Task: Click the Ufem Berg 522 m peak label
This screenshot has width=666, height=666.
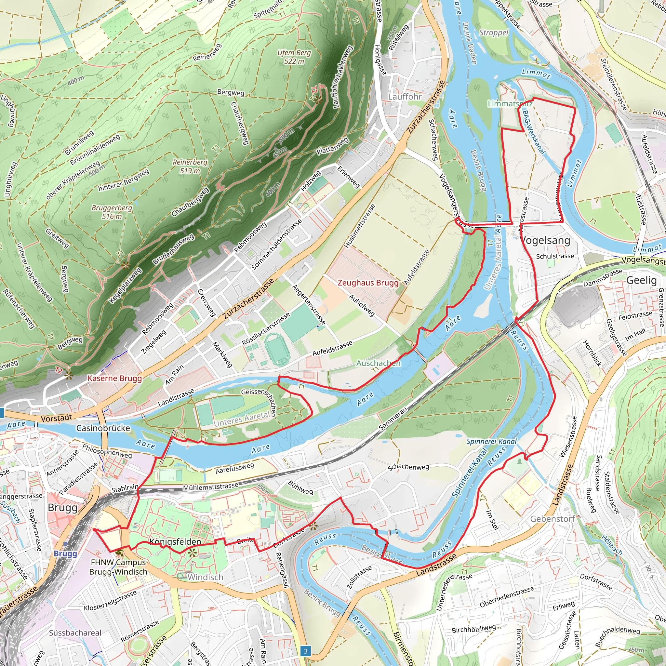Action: [x=294, y=57]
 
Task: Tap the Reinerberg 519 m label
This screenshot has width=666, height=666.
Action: [x=190, y=166]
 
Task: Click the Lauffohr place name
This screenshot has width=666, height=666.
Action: [x=405, y=97]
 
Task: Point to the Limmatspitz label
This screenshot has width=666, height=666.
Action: [x=510, y=103]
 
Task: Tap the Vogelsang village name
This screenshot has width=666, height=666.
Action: [x=546, y=240]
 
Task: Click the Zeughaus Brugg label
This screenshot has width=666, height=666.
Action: [x=368, y=283]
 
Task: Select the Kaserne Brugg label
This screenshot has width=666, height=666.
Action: [x=114, y=378]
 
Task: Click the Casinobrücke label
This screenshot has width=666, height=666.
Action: [x=103, y=428]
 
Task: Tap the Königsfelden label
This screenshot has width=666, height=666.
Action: [x=175, y=541]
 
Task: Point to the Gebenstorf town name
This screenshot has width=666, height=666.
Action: [x=553, y=519]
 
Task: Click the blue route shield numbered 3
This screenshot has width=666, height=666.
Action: [x=305, y=651]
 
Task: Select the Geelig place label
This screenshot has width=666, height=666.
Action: [x=641, y=280]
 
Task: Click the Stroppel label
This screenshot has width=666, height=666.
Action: [x=494, y=33]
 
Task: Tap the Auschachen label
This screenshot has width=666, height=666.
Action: [x=378, y=363]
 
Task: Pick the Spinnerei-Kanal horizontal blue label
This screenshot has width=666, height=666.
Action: [x=492, y=442]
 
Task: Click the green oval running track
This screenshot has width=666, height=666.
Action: [x=277, y=349]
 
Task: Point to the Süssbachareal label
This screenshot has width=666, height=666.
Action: [x=75, y=633]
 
